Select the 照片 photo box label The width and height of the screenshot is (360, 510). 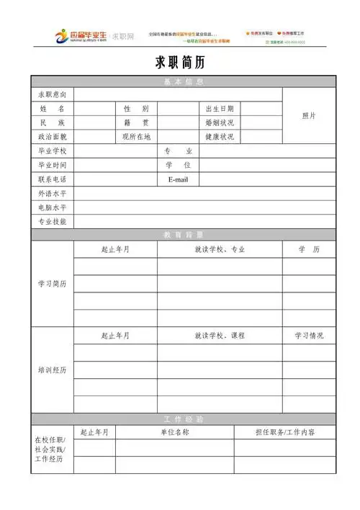[x=309, y=115]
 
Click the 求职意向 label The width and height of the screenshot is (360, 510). [x=52, y=94]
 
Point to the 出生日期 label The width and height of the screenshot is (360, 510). [x=220, y=108]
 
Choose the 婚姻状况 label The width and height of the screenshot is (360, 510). [x=220, y=122]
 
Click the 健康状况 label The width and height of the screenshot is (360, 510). [x=220, y=136]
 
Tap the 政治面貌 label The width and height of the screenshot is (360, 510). [x=52, y=136]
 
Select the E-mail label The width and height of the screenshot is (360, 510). [x=178, y=179]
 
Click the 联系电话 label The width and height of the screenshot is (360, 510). [x=52, y=179]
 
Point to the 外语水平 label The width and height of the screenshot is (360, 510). [x=52, y=193]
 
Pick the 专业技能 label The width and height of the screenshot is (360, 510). [x=52, y=221]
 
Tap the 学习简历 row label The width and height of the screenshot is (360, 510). [x=52, y=284]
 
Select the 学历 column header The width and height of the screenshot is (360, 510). [x=309, y=249]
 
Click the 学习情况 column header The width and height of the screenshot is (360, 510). [x=309, y=336]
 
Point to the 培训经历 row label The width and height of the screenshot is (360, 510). [x=52, y=370]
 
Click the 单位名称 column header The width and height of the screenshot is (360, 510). [x=174, y=432]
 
